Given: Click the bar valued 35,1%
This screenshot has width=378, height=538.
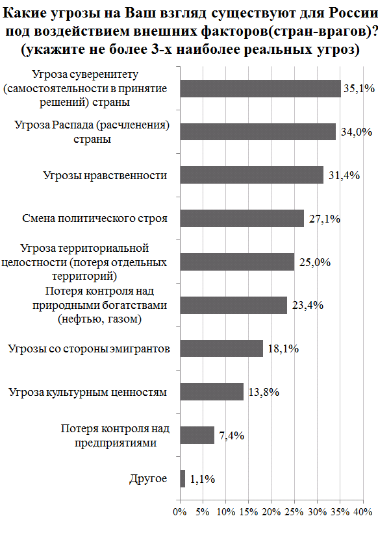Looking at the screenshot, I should (x=260, y=88).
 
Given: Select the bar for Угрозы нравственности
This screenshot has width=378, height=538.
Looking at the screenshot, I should (x=251, y=175).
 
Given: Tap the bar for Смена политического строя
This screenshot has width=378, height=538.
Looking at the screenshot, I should (x=241, y=219).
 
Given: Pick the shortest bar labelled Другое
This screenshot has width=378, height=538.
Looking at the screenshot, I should (x=182, y=479).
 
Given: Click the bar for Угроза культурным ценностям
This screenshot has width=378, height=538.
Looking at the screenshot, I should (x=211, y=392).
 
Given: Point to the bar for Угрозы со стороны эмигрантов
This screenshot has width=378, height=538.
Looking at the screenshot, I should (x=221, y=348).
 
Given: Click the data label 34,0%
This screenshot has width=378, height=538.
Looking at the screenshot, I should (x=356, y=132).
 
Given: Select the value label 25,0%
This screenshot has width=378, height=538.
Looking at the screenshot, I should (x=314, y=262).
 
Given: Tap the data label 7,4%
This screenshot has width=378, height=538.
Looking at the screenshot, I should (x=231, y=435).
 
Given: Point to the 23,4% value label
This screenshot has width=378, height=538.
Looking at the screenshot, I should (x=307, y=306).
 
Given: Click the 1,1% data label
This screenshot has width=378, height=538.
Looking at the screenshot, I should (x=203, y=480).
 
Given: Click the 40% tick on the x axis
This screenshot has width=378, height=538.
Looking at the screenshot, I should (x=362, y=512).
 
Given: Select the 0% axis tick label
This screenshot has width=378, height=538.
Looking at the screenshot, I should (x=180, y=512).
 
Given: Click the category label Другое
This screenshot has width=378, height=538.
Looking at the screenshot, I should (x=149, y=479).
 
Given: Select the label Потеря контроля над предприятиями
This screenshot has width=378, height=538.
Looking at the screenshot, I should (x=115, y=435).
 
